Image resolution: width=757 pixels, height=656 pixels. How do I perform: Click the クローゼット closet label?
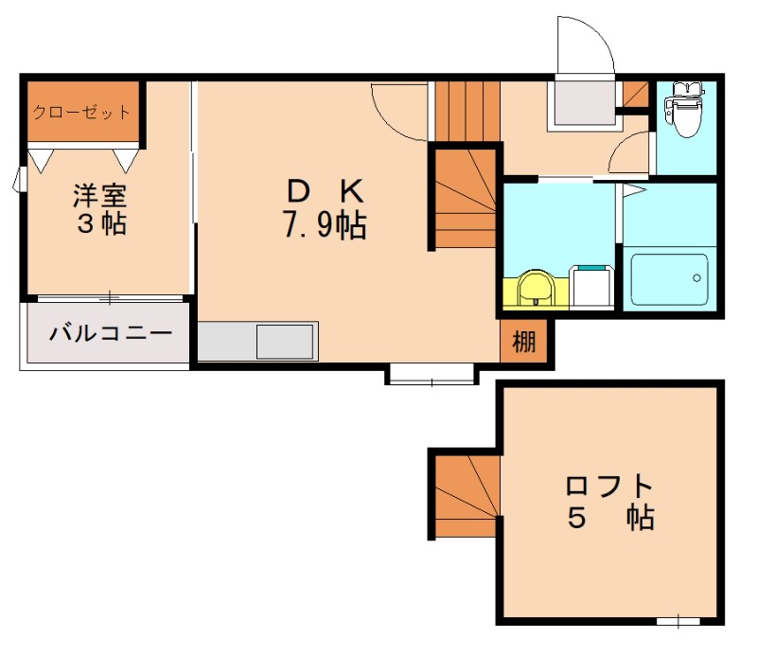[82, 112]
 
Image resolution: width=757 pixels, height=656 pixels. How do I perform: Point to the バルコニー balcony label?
[111, 333]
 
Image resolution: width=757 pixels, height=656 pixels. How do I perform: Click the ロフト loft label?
[609, 487]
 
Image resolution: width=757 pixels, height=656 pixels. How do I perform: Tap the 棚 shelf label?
[522, 342]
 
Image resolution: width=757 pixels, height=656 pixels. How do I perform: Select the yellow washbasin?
[537, 289]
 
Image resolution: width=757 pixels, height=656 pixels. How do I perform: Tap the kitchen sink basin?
[284, 341]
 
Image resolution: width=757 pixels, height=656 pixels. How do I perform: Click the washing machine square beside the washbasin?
[592, 287]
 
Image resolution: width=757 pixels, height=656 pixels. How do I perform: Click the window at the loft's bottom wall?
[678, 621]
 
